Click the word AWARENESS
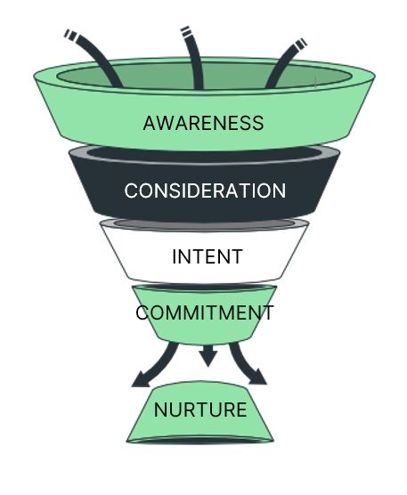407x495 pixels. (x=203, y=123)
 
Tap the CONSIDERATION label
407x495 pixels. (x=205, y=191)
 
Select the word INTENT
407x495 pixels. (x=208, y=256)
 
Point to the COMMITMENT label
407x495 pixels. (x=205, y=312)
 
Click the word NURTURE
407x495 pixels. (x=200, y=410)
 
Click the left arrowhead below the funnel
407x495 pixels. (x=141, y=379)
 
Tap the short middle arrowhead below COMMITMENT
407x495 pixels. (x=208, y=357)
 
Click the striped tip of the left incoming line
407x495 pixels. (x=70, y=34)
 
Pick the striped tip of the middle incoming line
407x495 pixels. (x=186, y=31)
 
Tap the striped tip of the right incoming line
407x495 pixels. (x=301, y=44)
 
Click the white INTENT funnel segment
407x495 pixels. (x=204, y=254)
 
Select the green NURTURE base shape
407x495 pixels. (x=200, y=412)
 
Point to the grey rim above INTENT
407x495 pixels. (x=204, y=224)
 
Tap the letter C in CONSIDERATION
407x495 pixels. (x=131, y=191)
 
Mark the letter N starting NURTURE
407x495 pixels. (x=160, y=410)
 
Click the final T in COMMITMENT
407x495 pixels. (x=268, y=312)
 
